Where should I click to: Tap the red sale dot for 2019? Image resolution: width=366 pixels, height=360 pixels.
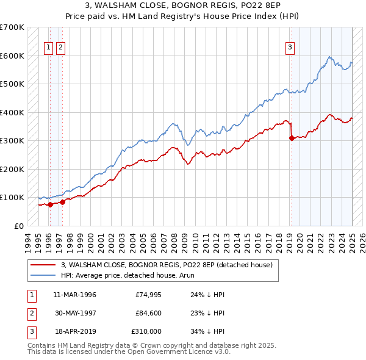click(x=292, y=138)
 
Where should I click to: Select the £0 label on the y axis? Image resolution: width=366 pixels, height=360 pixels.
click(x=19, y=226)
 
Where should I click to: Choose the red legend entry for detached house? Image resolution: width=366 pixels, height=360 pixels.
click(x=170, y=265)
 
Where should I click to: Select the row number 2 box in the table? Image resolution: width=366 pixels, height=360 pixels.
click(x=30, y=313)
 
